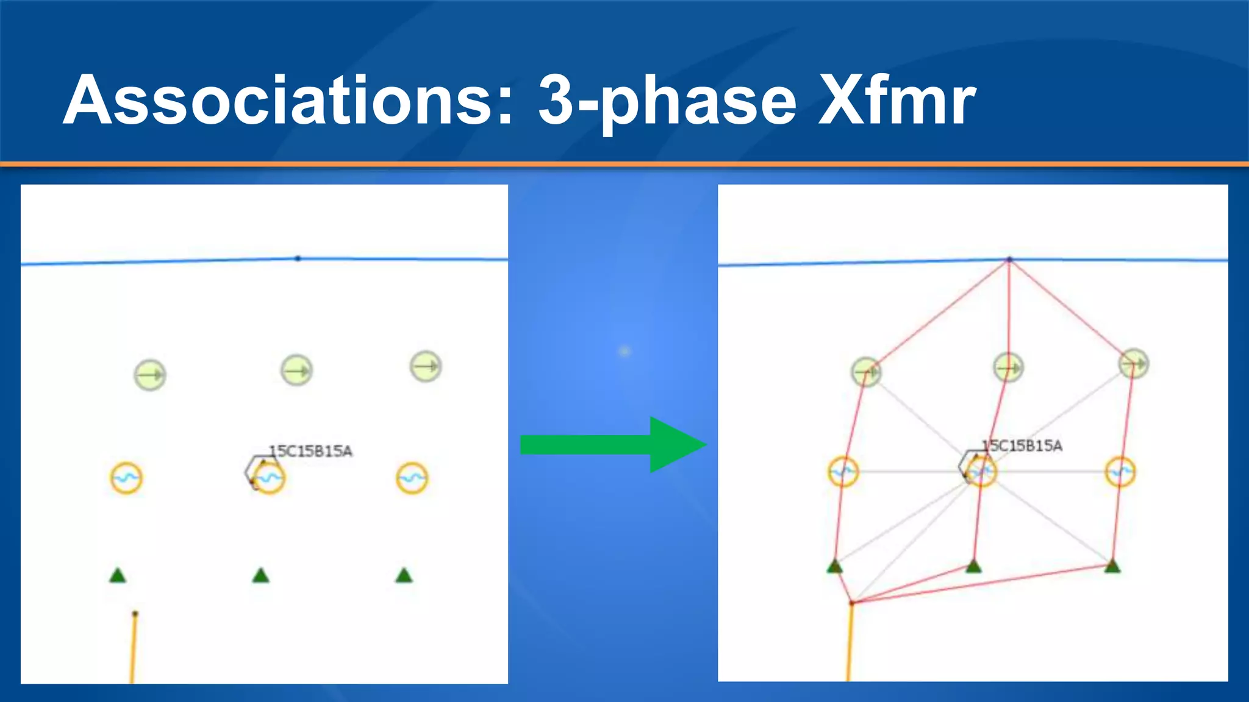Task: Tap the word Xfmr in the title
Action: coord(896,101)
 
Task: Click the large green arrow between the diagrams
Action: coord(613,445)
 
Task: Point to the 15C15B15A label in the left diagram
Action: coord(311,451)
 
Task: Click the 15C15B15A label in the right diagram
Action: coord(1022,446)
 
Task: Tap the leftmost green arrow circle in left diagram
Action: coord(149,375)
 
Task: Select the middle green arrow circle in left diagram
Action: coord(297,370)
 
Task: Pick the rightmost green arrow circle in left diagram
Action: coord(426,366)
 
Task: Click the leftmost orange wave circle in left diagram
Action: coord(126,478)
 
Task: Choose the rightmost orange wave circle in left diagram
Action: coord(412,478)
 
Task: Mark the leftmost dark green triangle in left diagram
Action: coord(118,576)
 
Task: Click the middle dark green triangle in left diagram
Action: coord(261,576)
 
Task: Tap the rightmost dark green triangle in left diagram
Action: coord(404,576)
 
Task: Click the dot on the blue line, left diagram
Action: coord(298,258)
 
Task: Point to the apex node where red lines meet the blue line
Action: coord(1009,260)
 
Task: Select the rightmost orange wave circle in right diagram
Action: coord(1120,472)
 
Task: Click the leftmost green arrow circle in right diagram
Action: coord(866,371)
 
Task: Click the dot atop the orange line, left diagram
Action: coord(135,614)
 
